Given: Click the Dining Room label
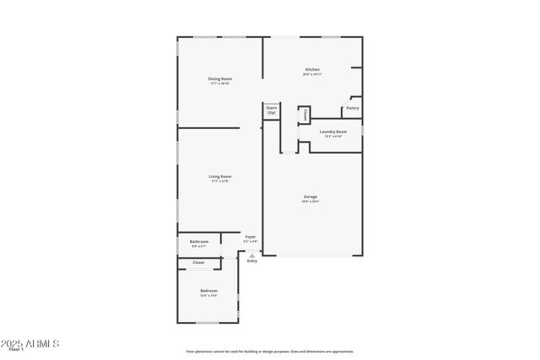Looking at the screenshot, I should [219, 79].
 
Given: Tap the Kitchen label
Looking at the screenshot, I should [312, 69].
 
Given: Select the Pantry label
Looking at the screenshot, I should [353, 108].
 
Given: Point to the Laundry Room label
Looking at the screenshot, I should [333, 132].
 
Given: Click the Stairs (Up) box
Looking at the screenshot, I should [272, 110].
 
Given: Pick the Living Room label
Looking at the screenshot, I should [219, 176].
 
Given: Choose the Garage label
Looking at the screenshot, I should [311, 197].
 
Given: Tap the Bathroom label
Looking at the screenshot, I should [199, 242].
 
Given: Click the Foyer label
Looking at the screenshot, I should [251, 237].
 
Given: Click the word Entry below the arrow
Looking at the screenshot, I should [251, 261].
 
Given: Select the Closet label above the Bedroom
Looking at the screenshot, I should [198, 262].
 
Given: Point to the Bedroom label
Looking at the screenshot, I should [208, 291].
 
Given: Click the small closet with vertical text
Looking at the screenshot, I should [305, 114].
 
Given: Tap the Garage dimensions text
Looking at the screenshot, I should [311, 202].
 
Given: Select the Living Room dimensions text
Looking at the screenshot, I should [219, 181].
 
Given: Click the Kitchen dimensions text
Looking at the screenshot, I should [312, 74].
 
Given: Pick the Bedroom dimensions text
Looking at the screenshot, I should [208, 296].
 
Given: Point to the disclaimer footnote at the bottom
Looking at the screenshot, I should [269, 352].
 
